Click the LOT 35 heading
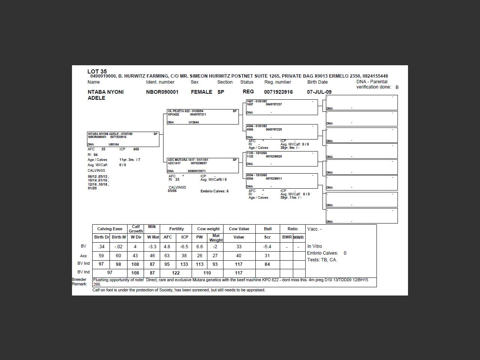point(97,71)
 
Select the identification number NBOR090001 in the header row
point(162,92)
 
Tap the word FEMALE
point(201,92)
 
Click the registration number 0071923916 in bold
point(278,92)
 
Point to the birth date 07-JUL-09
point(319,92)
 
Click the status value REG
point(248,91)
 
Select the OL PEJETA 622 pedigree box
point(202,117)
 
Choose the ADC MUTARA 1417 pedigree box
point(202,165)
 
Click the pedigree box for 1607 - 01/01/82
point(282,107)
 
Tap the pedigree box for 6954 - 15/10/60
point(282,181)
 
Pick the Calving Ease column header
point(109,229)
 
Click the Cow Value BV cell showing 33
point(239,247)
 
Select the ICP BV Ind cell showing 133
point(184,264)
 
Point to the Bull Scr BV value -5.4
point(267,247)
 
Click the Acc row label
point(83,256)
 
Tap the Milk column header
point(152,226)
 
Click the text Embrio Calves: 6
point(214,191)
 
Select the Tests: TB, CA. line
point(322,259)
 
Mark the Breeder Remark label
point(79,282)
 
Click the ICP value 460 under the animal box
point(136,149)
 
